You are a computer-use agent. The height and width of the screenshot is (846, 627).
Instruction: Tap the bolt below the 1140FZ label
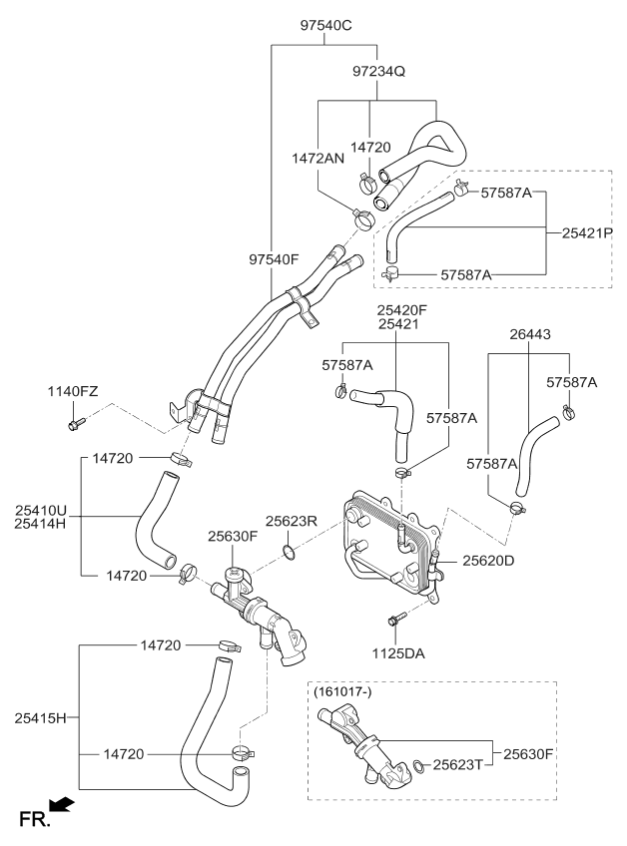click(74, 427)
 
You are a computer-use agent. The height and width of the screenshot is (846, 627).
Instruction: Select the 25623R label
click(291, 520)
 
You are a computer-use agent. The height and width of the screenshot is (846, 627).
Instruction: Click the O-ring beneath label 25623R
click(288, 550)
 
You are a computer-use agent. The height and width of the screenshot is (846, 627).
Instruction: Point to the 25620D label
click(488, 561)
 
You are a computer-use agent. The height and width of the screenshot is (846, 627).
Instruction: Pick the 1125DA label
click(396, 654)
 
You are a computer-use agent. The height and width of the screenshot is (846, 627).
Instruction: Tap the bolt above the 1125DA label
click(396, 619)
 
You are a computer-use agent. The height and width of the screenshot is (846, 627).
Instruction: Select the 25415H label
click(40, 717)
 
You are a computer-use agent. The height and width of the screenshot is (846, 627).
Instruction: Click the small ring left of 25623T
click(415, 766)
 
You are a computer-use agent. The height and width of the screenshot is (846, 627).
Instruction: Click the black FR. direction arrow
click(61, 804)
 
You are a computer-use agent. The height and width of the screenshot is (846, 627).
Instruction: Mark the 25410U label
click(40, 509)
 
